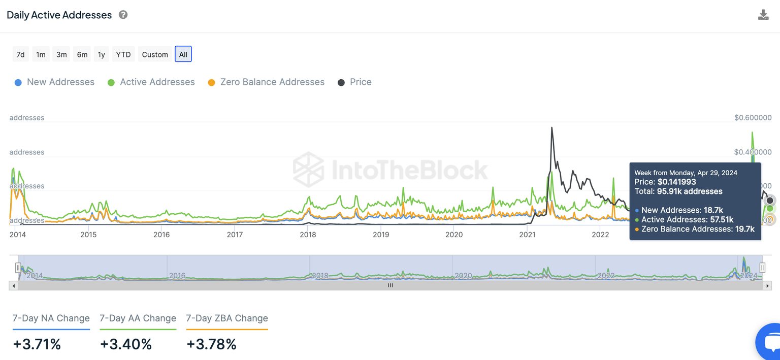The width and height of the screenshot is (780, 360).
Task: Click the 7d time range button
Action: coord(20,54)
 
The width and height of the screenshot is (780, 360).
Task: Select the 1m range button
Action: coord(41,54)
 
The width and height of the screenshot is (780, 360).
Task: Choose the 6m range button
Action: coord(82,54)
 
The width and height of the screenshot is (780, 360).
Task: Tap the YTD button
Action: coord(123,54)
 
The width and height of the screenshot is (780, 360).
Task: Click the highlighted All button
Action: coord(183,54)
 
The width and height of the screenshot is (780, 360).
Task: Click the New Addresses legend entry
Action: coord(55,82)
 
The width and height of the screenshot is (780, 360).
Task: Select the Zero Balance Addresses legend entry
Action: coord(267,82)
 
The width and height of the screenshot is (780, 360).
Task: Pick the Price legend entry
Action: coord(355,82)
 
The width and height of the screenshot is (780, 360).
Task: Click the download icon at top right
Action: coord(763,15)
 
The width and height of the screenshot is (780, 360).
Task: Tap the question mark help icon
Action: coord(123,15)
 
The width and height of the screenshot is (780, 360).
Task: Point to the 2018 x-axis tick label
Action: coord(308,235)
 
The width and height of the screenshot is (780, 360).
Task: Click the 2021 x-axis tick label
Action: coord(527,235)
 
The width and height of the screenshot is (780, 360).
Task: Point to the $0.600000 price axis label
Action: coord(753,118)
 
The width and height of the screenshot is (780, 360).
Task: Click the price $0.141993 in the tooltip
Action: coord(676,182)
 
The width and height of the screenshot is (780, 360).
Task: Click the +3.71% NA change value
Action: coord(37,344)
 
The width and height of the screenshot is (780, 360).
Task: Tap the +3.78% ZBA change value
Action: coord(211,344)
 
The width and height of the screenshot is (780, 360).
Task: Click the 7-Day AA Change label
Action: coord(138,318)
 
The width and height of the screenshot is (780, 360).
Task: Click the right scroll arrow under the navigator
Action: coord(767,286)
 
